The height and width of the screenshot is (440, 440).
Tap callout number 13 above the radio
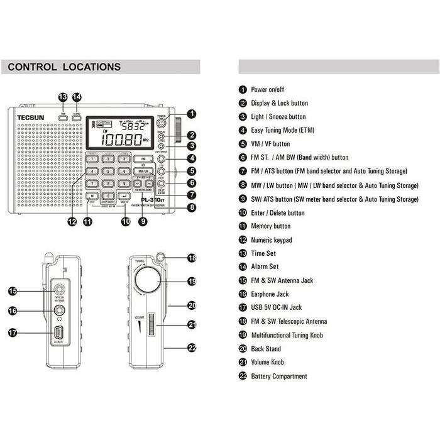pos(63,97)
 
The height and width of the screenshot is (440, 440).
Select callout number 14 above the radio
pos(77,97)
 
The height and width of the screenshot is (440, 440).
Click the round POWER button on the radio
pos(162,124)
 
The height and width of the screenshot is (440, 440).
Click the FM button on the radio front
pos(144,159)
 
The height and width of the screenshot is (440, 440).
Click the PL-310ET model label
pos(152,200)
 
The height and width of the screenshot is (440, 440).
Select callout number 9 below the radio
pos(144,221)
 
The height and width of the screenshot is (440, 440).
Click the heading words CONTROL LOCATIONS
pos(64,67)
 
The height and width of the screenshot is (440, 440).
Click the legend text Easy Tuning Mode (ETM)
pos(282,130)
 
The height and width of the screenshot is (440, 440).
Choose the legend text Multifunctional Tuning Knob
pos(287,335)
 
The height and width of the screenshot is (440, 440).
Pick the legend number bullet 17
pos(243,308)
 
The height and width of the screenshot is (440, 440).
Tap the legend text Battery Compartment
pos(279,376)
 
